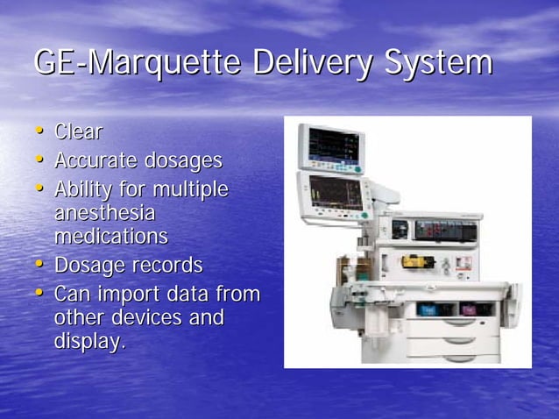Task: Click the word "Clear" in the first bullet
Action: (x=78, y=132)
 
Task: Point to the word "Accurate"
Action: (x=96, y=161)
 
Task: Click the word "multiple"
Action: (x=190, y=190)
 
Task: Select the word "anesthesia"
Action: (x=104, y=213)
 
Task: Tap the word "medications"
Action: (x=111, y=237)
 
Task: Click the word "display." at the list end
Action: (x=89, y=340)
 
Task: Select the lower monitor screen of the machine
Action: (x=334, y=194)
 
